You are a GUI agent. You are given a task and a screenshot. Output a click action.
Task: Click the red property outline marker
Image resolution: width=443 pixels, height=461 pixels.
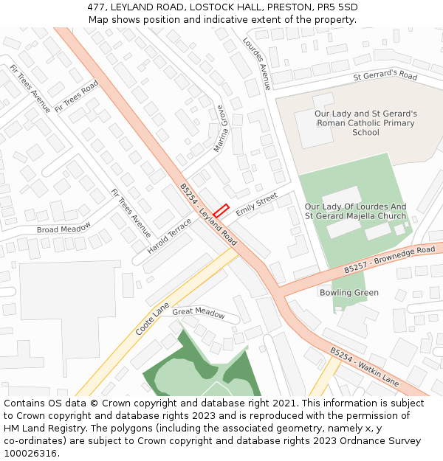pos(221,209)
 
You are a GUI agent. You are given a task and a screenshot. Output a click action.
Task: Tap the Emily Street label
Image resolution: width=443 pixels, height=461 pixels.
pos(256,204)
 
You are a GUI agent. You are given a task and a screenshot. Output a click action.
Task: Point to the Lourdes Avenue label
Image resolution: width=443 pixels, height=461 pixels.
pos(257,63)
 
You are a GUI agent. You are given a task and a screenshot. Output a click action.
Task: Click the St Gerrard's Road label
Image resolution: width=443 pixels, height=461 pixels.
pos(385,75)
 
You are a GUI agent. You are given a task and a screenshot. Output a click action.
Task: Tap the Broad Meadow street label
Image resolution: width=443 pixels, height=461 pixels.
pos(64,228)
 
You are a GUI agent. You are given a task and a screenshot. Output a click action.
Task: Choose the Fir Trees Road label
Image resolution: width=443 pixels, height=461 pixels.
pos(77,95)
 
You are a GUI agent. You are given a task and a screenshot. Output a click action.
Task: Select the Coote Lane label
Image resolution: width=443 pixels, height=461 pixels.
pos(152,319)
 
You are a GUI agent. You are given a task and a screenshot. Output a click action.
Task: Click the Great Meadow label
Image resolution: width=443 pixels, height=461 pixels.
pos(199,313)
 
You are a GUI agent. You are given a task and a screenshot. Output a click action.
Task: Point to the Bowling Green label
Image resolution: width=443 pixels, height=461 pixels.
pos(349,293)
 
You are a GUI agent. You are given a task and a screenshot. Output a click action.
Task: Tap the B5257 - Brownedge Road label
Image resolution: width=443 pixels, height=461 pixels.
pos(389,260)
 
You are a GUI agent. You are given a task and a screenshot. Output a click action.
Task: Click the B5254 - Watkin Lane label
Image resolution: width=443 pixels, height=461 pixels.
pos(364,367)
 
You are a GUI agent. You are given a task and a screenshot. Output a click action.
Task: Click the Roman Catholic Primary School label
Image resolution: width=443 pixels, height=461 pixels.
pos(365,123)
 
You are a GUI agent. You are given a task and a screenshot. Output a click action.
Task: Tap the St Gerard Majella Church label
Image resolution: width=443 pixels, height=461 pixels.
pos(355,216)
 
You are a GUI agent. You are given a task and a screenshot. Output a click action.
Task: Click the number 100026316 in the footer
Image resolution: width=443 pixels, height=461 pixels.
pos(30,453)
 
